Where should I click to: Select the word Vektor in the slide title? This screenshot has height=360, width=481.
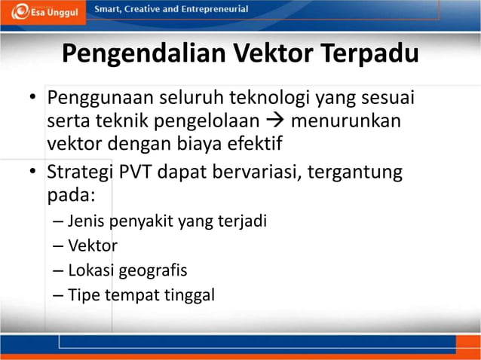(x=273, y=55)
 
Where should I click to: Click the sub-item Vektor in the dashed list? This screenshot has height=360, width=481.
(x=93, y=246)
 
